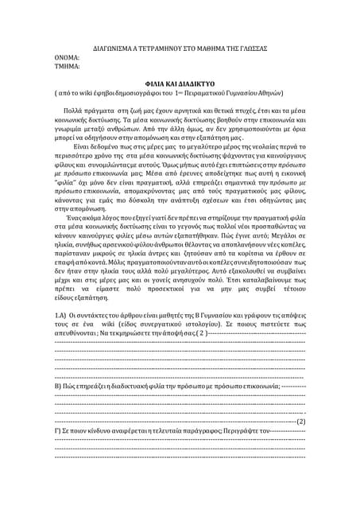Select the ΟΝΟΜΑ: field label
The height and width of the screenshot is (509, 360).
[67, 59]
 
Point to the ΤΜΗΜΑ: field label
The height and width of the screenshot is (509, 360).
[68, 69]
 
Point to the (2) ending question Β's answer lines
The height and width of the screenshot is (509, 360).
[300, 477]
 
